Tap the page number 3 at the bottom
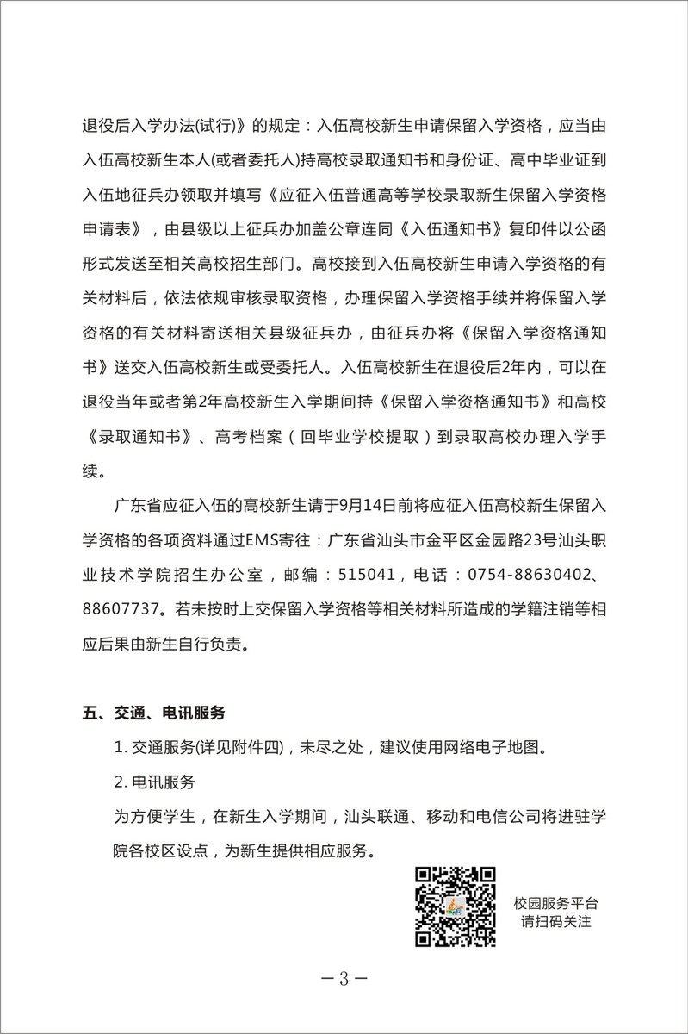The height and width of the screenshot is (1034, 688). (x=343, y=979)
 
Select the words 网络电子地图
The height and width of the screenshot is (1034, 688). (x=502, y=748)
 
